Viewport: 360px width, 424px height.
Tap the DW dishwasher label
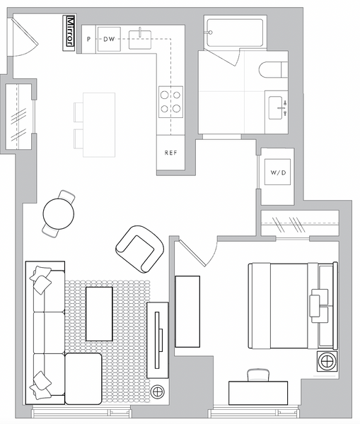[x=109, y=39]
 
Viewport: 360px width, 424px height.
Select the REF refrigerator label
[x=170, y=153]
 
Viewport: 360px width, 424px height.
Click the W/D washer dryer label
[x=278, y=172]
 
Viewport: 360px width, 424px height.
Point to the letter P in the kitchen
[x=88, y=39]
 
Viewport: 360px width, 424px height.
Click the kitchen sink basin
[x=140, y=40]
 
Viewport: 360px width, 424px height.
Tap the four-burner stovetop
[x=170, y=102]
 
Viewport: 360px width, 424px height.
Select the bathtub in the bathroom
[x=235, y=33]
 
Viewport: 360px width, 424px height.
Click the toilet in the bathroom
[x=273, y=70]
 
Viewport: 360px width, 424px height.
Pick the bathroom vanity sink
[x=277, y=108]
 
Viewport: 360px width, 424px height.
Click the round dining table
[x=59, y=214]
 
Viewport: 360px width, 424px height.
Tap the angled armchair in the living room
[x=139, y=249]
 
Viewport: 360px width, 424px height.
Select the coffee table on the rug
[x=99, y=314]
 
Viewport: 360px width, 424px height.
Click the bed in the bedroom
[x=293, y=305]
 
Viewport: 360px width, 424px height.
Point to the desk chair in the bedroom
[x=258, y=375]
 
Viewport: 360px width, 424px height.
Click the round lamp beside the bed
[x=327, y=361]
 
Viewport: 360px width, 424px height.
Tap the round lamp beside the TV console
[x=158, y=391]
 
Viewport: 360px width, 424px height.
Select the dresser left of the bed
[x=187, y=312]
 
